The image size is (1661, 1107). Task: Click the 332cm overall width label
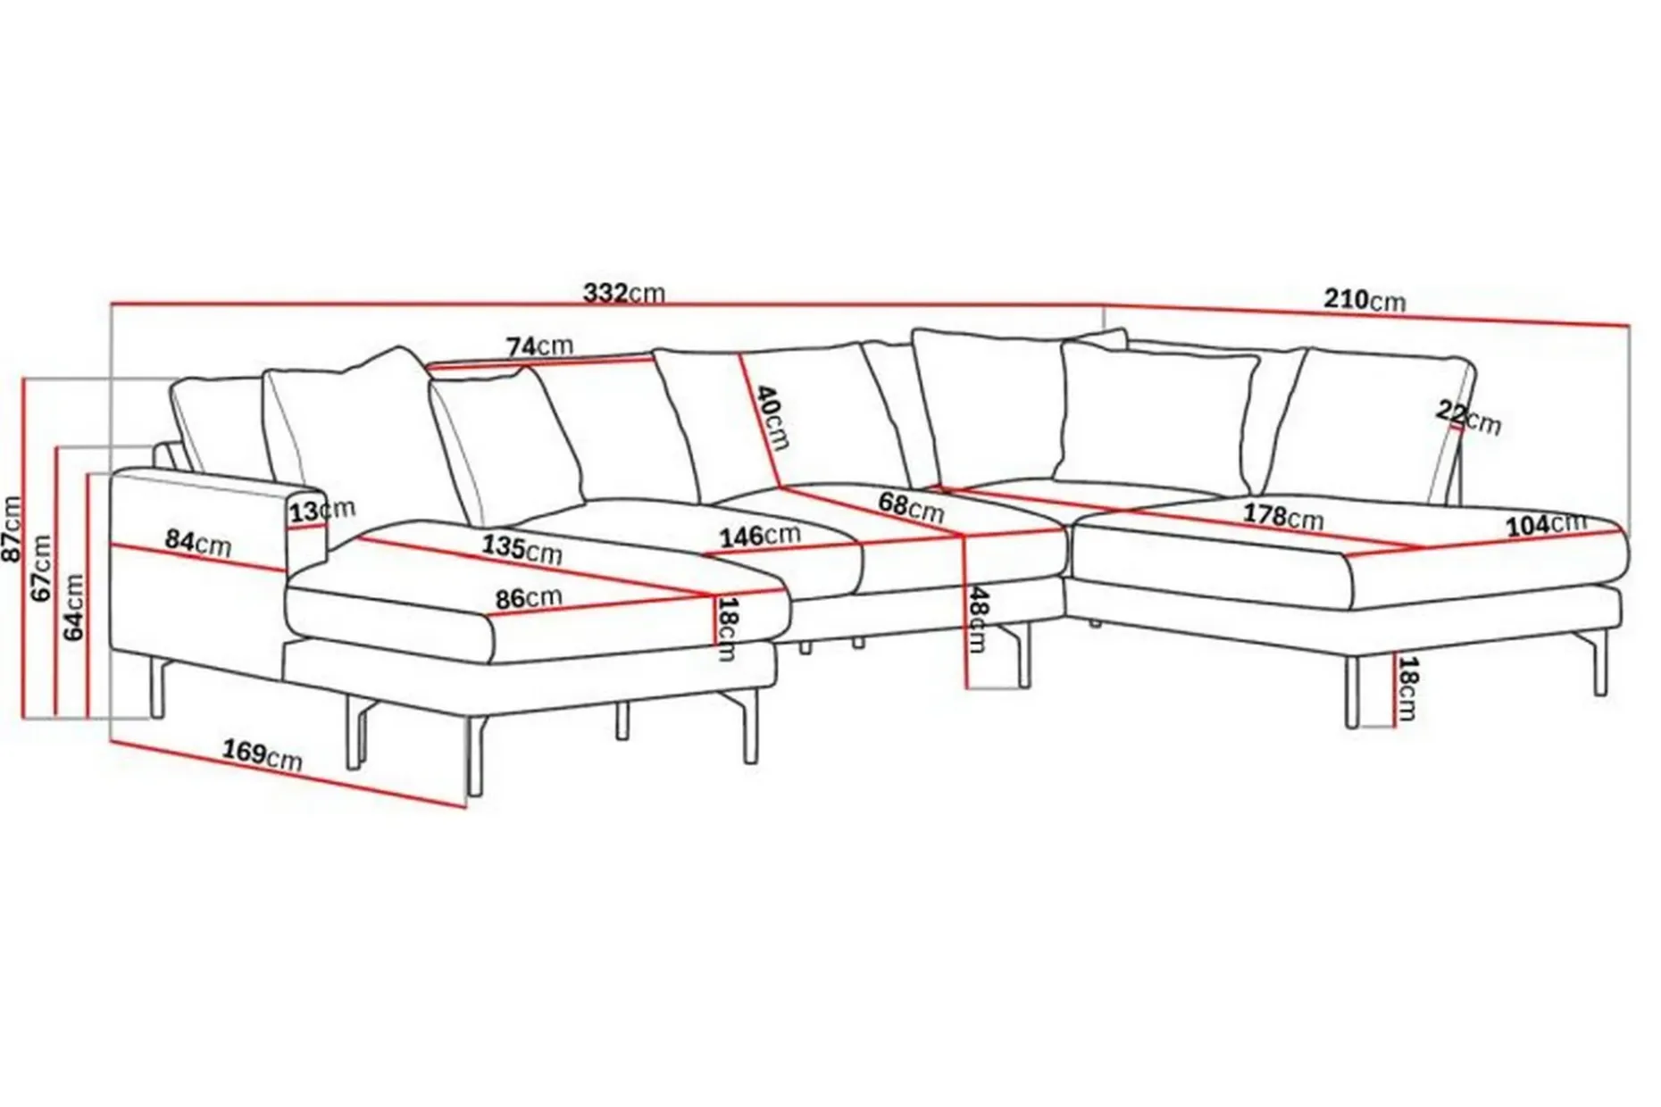624,293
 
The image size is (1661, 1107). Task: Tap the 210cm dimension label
1365,299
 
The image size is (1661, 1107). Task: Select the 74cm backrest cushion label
539,345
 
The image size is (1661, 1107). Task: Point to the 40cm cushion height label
769,416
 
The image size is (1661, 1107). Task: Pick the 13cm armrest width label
321,510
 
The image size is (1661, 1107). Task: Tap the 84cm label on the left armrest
197,543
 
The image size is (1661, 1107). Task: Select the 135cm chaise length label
522,548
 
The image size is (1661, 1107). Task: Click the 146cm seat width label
760,536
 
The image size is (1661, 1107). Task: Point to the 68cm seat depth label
911,506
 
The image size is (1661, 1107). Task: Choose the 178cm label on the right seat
1283,516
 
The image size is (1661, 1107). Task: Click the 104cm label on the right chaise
1546,525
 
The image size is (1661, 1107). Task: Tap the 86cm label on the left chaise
529,597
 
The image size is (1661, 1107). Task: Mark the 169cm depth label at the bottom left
263,755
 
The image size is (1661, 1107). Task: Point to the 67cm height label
42,568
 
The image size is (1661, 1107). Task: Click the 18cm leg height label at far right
1407,688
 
